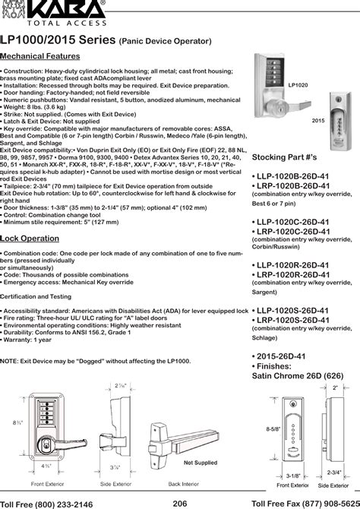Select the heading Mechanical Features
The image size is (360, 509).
(x=40, y=57)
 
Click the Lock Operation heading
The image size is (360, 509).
(x=30, y=238)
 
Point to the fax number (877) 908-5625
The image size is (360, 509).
(x=327, y=502)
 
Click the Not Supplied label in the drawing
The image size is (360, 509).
(x=201, y=462)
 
